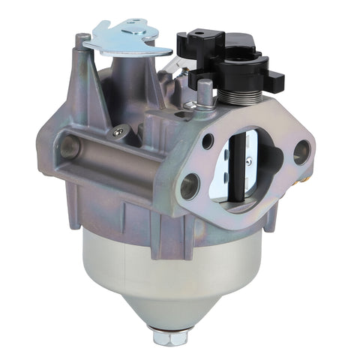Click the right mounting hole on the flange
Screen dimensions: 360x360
point(301,151)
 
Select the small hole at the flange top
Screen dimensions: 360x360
point(208,137)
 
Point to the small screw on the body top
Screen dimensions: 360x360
point(117,132)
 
